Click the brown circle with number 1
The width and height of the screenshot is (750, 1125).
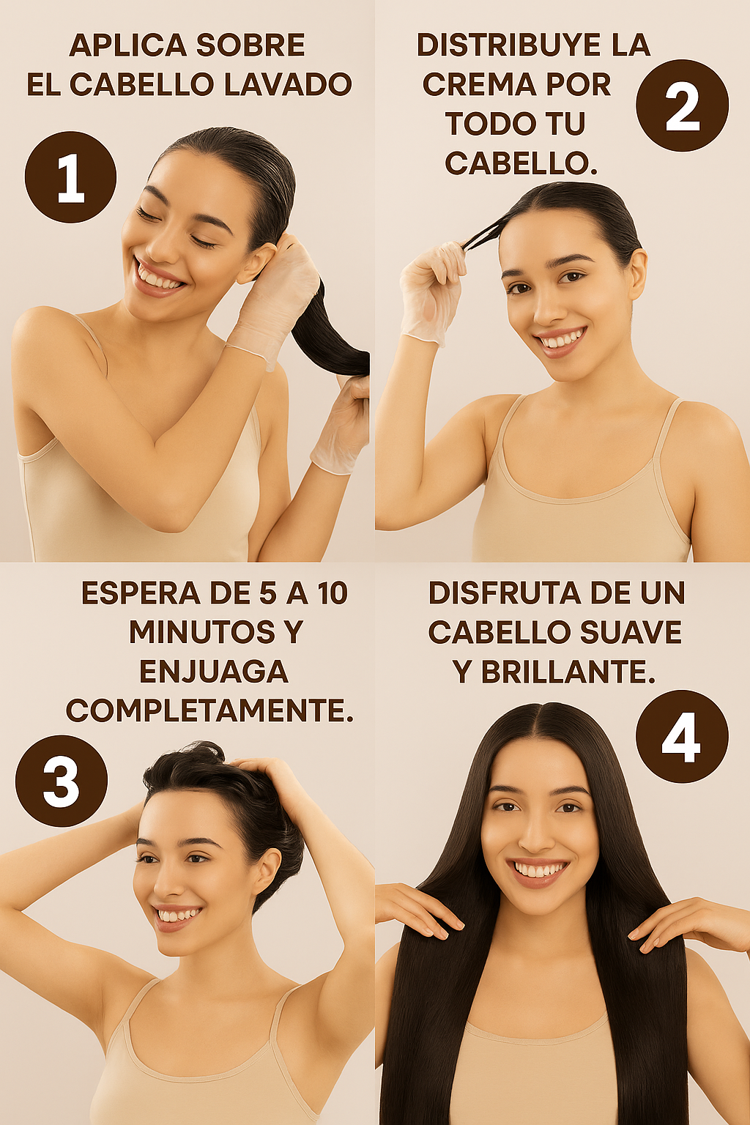pyautogui.click(x=70, y=177)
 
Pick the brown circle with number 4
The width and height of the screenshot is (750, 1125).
pyautogui.click(x=682, y=736)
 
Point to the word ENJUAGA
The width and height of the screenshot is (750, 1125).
pyautogui.click(x=214, y=672)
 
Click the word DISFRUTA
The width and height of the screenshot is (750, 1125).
pyautogui.click(x=503, y=593)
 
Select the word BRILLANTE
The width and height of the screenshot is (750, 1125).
pyautogui.click(x=568, y=672)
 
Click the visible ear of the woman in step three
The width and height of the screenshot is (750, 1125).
pyautogui.click(x=268, y=877)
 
